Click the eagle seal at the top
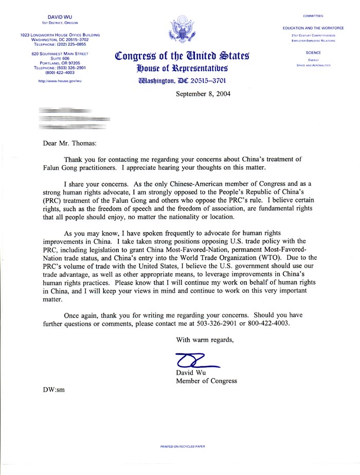[180, 29]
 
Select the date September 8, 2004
[203, 94]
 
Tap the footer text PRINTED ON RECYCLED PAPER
[183, 447]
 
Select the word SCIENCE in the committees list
[313, 52]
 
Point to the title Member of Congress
[207, 381]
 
